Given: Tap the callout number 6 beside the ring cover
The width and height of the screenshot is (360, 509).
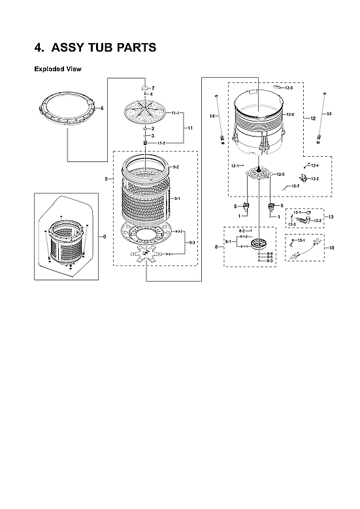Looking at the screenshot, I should click(102, 108).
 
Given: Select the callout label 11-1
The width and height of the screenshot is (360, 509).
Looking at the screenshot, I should click(176, 114).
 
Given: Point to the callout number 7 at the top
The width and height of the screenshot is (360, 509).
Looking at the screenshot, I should click(152, 88).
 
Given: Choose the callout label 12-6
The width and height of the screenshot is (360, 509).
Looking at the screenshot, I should click(289, 115).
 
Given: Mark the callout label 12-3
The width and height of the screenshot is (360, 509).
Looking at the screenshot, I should click(288, 88).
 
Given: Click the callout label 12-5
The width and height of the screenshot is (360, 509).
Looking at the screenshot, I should click(281, 174).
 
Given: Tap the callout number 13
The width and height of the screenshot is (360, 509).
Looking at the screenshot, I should click(331, 216).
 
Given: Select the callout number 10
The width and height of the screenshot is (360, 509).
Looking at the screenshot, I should click(331, 248).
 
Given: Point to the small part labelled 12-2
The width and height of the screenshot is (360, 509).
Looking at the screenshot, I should click(304, 178).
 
